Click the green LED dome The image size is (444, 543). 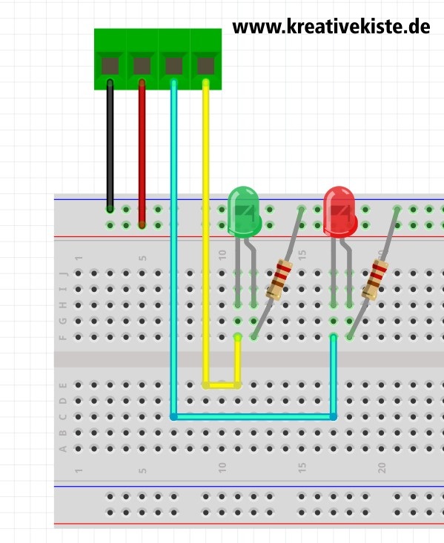pyautogui.click(x=245, y=211)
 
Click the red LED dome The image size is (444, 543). pyautogui.click(x=340, y=211)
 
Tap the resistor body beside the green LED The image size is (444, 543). pyautogui.click(x=279, y=279)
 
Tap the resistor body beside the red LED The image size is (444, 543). pyautogui.click(x=374, y=279)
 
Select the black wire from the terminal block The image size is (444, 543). pyautogui.click(x=110, y=146)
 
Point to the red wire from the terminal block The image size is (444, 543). pyautogui.click(x=142, y=154)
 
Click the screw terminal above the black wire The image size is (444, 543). pyautogui.click(x=110, y=66)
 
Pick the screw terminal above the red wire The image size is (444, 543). pyautogui.click(x=142, y=66)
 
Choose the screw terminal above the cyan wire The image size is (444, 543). pyautogui.click(x=174, y=66)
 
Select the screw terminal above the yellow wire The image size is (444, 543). pyautogui.click(x=206, y=66)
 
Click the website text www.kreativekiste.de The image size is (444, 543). pyautogui.click(x=331, y=27)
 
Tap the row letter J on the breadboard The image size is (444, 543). pyautogui.click(x=63, y=273)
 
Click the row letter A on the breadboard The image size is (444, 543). pyautogui.click(x=63, y=449)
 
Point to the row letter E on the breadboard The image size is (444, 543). pyautogui.click(x=63, y=385)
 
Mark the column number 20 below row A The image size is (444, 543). pyautogui.click(x=382, y=468)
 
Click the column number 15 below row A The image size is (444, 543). pyautogui.click(x=302, y=468)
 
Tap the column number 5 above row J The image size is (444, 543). pyautogui.click(x=142, y=258)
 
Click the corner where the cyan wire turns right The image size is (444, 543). pyautogui.click(x=173, y=416)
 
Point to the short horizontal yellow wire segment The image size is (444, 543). pyautogui.click(x=222, y=385)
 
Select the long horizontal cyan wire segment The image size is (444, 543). pyautogui.click(x=254, y=416)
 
